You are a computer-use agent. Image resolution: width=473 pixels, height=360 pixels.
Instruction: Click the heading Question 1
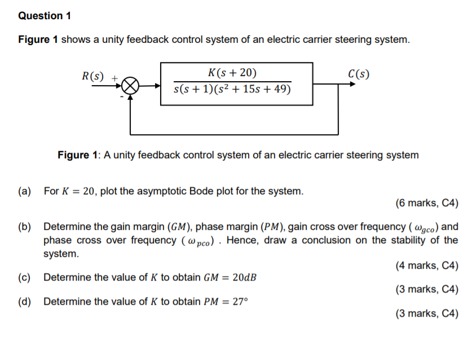pos(45,16)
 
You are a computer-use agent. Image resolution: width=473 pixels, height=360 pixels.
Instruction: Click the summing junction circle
pos(130,86)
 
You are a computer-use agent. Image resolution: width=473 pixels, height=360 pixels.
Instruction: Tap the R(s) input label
pos(94,75)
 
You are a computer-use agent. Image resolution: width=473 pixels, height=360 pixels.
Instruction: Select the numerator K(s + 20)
pos(232,73)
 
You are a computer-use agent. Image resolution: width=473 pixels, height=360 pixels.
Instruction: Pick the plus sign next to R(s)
pos(114,75)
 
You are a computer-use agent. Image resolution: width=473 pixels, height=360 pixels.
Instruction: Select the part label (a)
pos(24,191)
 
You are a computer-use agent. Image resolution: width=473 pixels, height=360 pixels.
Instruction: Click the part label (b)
pos(24,227)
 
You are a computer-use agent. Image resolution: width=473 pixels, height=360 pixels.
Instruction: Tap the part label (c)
pos(24,277)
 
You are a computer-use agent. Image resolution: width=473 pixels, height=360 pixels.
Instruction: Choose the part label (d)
pos(24,301)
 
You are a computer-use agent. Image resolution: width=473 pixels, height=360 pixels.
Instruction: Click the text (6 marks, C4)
pos(427,203)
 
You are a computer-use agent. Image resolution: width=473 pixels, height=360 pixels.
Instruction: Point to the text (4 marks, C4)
pos(427,265)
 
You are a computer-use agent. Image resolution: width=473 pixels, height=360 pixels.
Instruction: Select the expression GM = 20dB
pos(229,277)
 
